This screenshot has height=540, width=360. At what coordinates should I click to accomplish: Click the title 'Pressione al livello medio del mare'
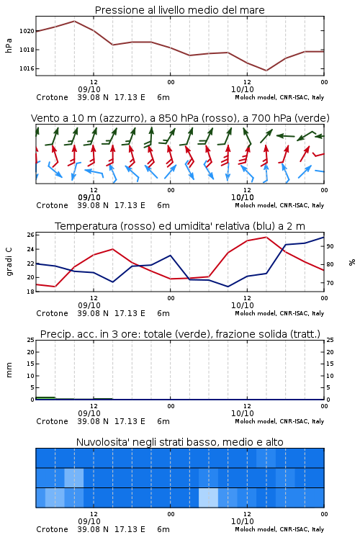point(179,10)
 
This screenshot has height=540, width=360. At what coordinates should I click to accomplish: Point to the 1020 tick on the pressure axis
point(27,31)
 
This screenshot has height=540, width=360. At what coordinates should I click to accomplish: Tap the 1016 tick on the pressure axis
point(27,68)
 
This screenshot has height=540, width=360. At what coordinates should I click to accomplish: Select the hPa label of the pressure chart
point(9,45)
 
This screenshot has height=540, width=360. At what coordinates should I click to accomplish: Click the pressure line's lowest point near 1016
point(266,71)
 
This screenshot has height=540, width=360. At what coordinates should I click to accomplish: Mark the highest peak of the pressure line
point(74,21)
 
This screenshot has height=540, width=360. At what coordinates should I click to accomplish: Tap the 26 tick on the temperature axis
point(31,235)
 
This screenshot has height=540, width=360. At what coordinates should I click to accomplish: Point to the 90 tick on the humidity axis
point(330,246)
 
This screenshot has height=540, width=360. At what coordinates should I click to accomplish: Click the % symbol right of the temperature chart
point(352,262)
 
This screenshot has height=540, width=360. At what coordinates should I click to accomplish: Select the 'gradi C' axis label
point(9,262)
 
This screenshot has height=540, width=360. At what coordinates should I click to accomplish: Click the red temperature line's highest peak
point(266,237)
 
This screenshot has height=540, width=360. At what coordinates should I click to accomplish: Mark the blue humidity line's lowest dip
point(228,287)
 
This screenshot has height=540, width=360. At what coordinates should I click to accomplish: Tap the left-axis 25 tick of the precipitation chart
point(31,340)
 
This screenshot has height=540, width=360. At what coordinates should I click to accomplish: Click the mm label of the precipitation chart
point(9,369)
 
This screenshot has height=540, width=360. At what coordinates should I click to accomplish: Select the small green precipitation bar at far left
point(45,398)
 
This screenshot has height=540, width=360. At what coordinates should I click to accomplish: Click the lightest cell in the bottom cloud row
point(208,498)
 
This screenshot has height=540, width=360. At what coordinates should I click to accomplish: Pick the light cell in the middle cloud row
point(74,477)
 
